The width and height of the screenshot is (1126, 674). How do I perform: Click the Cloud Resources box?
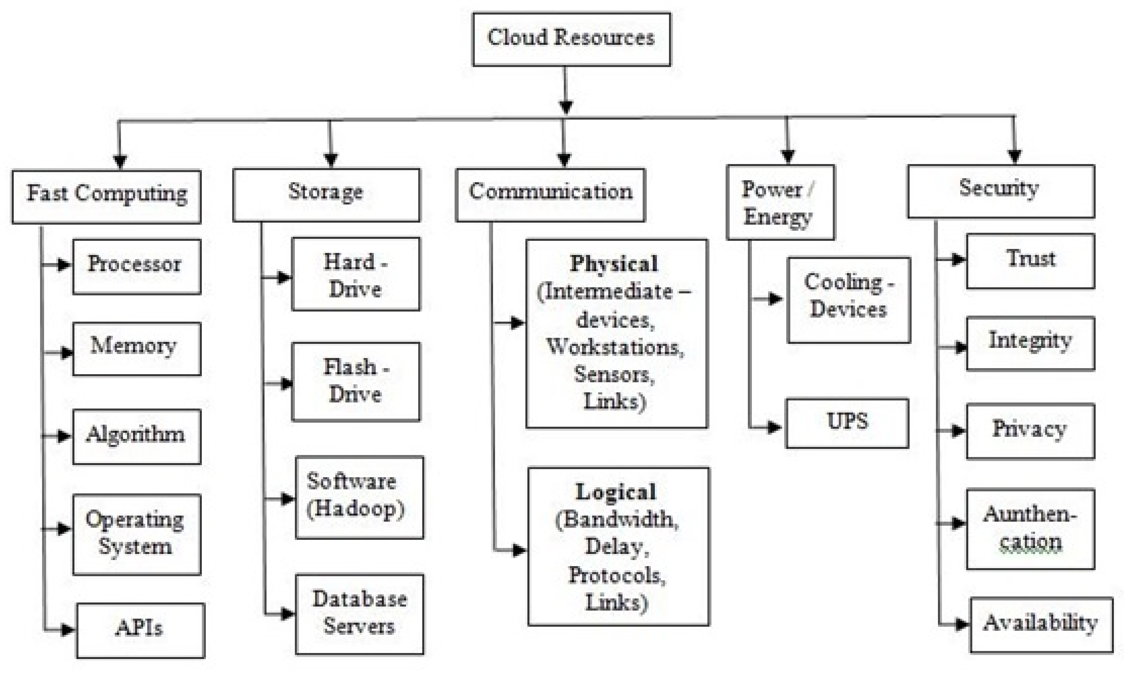[x=571, y=39]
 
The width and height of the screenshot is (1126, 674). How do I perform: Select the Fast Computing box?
[x=106, y=196]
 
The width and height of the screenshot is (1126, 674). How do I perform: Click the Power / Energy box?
[x=780, y=202]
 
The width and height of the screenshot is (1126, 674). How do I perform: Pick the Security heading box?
[x=1001, y=191]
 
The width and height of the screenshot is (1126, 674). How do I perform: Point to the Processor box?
[x=136, y=266]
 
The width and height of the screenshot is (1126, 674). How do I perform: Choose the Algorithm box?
[x=136, y=436]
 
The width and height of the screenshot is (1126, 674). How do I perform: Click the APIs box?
[x=140, y=630]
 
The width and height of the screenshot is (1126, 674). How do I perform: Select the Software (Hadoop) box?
[x=359, y=497]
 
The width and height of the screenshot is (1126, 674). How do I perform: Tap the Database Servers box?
[x=359, y=614]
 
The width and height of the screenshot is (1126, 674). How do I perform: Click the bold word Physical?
[x=614, y=263]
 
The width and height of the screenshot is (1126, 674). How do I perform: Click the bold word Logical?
[x=616, y=492]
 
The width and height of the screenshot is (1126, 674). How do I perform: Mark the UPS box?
[x=847, y=423]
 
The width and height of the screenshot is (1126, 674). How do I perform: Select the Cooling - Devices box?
[x=848, y=299]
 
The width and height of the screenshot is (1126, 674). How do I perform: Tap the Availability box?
[x=1041, y=624]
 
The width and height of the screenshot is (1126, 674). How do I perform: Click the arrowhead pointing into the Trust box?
[x=958, y=259]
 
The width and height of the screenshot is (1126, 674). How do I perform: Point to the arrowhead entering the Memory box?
[x=66, y=352]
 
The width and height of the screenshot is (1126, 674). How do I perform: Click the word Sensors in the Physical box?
[x=614, y=375]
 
